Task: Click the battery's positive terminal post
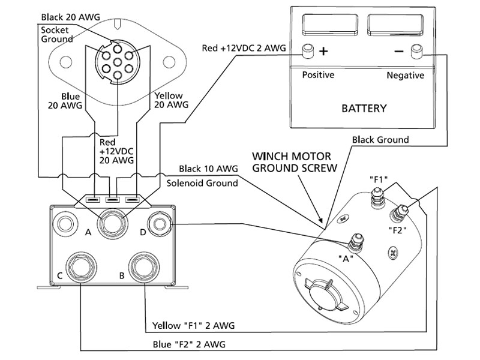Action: [x=309, y=52]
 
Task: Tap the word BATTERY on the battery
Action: [x=364, y=109]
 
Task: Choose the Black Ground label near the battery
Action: [x=380, y=140]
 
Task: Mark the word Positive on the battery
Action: [x=318, y=75]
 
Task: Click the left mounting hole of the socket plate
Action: [x=68, y=61]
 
